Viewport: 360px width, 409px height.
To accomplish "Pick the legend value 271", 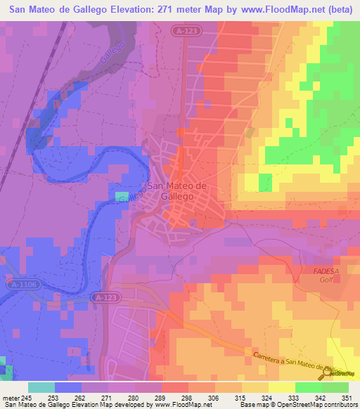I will [105, 398].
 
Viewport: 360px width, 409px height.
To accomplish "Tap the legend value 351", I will [345, 398].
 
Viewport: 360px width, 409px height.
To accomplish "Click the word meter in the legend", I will [11, 398].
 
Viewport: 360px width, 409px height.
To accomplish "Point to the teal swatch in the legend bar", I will [41, 387].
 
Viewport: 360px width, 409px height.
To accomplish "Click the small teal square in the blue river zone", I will [122, 196].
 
